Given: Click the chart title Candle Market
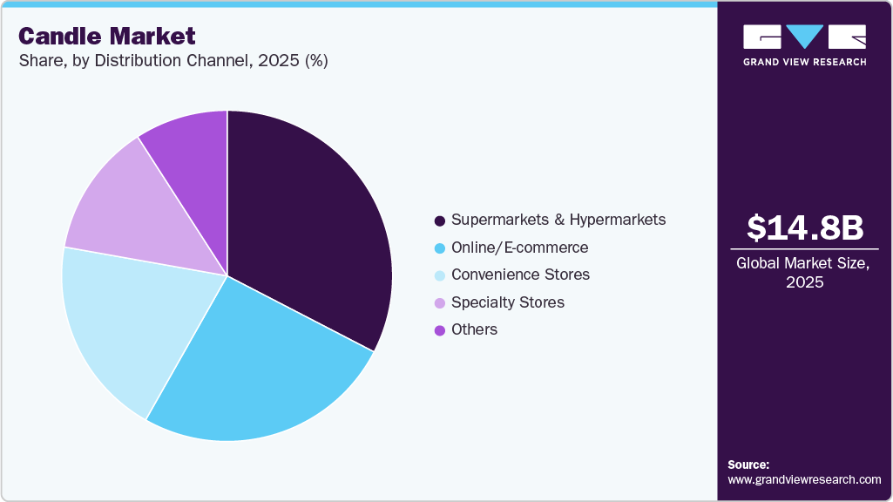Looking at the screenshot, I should click(x=107, y=37).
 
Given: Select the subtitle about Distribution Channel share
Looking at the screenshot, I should click(x=173, y=62).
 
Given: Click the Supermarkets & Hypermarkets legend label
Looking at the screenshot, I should click(x=558, y=220).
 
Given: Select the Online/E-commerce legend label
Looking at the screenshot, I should click(x=519, y=248).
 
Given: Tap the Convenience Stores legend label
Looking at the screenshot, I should click(x=520, y=275).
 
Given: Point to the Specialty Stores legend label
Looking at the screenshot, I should click(x=508, y=302).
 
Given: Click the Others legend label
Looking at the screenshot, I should click(x=475, y=329).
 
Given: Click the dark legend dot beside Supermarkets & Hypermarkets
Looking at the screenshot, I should click(x=440, y=220).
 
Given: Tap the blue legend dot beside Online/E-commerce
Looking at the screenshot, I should click(x=440, y=248).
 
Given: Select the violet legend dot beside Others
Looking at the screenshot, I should click(x=440, y=330).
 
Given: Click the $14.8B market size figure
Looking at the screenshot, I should click(x=805, y=227).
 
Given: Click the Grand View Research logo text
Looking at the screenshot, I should click(x=805, y=62).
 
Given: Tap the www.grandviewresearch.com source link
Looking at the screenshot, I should click(x=804, y=479).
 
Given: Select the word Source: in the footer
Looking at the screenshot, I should click(x=748, y=465).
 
